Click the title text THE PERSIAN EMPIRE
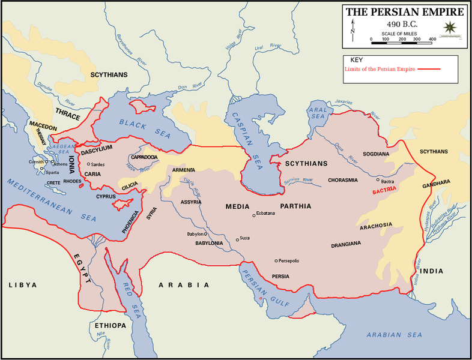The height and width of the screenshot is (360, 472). [x=404, y=11]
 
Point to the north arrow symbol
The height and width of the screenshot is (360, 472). [x=354, y=28]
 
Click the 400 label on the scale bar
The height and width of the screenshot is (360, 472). [x=431, y=39]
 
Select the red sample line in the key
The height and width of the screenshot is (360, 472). [x=429, y=69]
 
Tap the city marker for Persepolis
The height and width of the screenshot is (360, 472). [x=276, y=260]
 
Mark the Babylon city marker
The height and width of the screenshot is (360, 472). [x=205, y=234]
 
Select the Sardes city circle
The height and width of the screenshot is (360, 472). [x=89, y=164]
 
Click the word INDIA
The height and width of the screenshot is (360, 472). [x=431, y=271]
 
